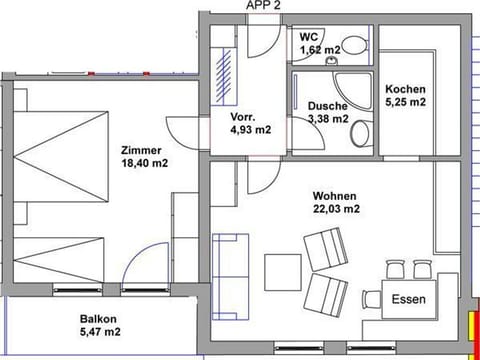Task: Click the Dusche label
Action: click(327, 106)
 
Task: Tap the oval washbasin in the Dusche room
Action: click(362, 134)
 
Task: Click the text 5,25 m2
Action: click(405, 102)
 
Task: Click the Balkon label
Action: click(99, 320)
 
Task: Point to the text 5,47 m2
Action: click(99, 335)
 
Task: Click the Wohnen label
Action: click(335, 195)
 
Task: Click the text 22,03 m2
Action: click(336, 209)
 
